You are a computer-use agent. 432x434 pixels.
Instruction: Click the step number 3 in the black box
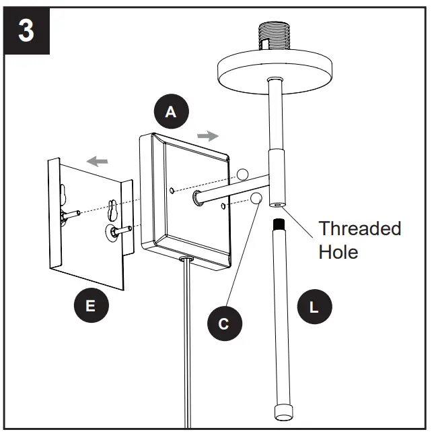pos(26,30)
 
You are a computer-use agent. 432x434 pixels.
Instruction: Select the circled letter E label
pos(90,307)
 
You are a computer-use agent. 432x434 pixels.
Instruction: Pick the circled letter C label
pos(223,323)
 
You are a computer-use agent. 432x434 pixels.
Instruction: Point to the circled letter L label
pos(313,307)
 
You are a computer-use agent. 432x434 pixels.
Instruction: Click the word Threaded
pos(359,228)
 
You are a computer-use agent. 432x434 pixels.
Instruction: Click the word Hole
pos(338,252)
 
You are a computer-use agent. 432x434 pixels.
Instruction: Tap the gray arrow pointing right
pos(209,135)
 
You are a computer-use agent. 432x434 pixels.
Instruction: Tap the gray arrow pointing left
pos(98,161)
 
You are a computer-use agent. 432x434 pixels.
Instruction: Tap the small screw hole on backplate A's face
pos(174,191)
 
